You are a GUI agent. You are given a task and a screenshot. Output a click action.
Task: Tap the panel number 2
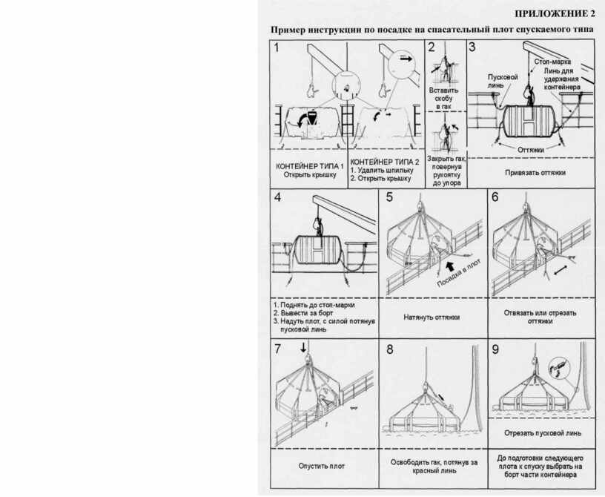431,48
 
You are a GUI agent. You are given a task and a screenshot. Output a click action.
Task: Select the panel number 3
472,48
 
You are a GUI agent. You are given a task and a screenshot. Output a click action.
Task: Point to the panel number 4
277,198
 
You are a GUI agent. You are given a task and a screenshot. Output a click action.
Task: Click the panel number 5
389,198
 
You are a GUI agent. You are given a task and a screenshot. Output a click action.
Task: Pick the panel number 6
495,198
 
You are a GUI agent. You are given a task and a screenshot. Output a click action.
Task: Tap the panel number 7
277,348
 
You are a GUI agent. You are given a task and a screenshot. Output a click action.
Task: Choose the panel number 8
389,348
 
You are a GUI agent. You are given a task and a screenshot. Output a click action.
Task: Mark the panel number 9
495,348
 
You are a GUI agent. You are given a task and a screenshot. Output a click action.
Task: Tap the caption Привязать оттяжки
535,172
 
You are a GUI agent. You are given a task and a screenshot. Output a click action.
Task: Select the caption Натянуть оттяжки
432,317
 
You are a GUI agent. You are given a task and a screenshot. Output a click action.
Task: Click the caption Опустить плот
322,466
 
